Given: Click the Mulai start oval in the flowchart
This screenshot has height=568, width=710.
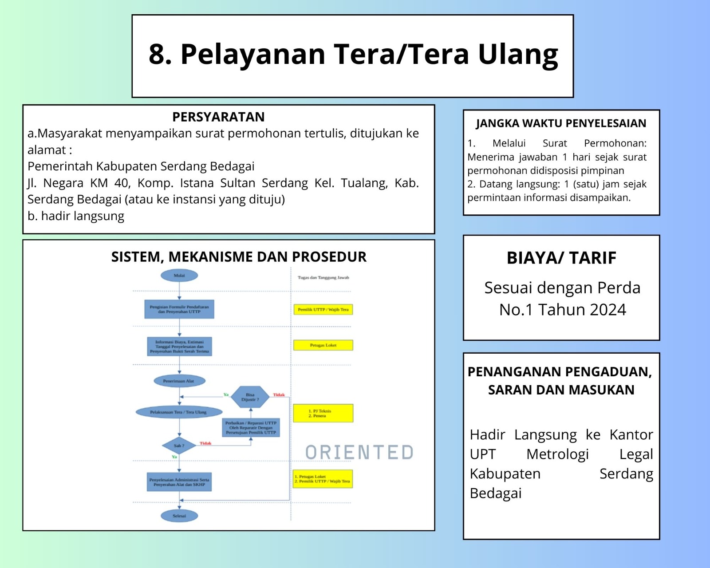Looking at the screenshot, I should pos(179,276).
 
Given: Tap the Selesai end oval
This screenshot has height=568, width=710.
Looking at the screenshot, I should pos(179,516).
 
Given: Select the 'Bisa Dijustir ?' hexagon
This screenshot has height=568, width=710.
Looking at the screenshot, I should pos(250,397).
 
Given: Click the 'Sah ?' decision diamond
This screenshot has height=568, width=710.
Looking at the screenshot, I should pos(179,446).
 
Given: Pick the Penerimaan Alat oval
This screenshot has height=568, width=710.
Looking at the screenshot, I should pos(179,381).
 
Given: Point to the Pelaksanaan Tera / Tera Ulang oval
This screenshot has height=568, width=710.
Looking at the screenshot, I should pos(178,412).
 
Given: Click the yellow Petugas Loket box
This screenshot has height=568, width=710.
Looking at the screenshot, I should pos(323,345).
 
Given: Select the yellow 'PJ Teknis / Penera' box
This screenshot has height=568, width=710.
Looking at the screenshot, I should pos(323,413).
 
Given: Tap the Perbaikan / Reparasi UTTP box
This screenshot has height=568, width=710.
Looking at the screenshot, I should pos(251,428).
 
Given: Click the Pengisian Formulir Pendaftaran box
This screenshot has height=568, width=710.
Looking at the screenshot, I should pos(179,309).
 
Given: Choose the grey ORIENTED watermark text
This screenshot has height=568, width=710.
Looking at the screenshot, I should pos(359,452).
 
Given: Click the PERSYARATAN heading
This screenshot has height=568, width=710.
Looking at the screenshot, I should pos(218,117).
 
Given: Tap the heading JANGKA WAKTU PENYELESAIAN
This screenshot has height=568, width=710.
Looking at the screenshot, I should pos(561,123).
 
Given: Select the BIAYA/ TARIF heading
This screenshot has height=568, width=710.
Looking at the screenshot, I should pos(561,258).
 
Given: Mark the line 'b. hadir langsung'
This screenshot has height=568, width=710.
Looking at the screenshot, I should pos(76,216).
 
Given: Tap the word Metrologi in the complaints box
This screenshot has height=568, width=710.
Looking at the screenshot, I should pos(557,454).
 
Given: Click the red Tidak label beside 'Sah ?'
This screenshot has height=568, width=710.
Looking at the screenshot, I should pos(205,443).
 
